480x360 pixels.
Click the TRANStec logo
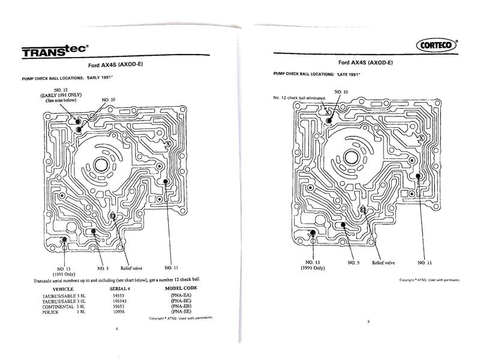(x=51, y=53)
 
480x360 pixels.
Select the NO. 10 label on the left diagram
(x=109, y=99)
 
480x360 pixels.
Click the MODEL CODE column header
(x=182, y=288)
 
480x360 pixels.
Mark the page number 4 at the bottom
(x=117, y=329)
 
